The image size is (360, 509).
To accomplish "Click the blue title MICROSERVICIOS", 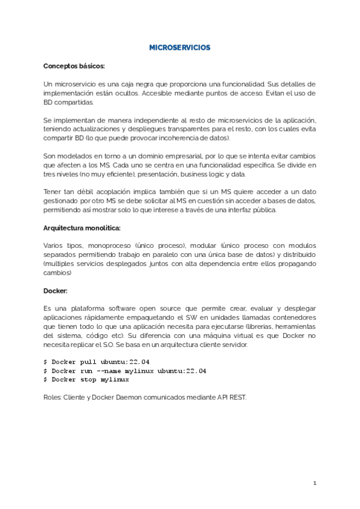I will click(179, 47).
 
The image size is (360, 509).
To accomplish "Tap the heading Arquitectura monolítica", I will click(82, 228).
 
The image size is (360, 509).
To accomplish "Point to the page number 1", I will click(314, 483).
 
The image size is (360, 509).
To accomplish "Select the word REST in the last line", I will click(237, 397).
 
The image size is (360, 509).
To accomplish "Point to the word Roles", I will click(53, 397).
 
